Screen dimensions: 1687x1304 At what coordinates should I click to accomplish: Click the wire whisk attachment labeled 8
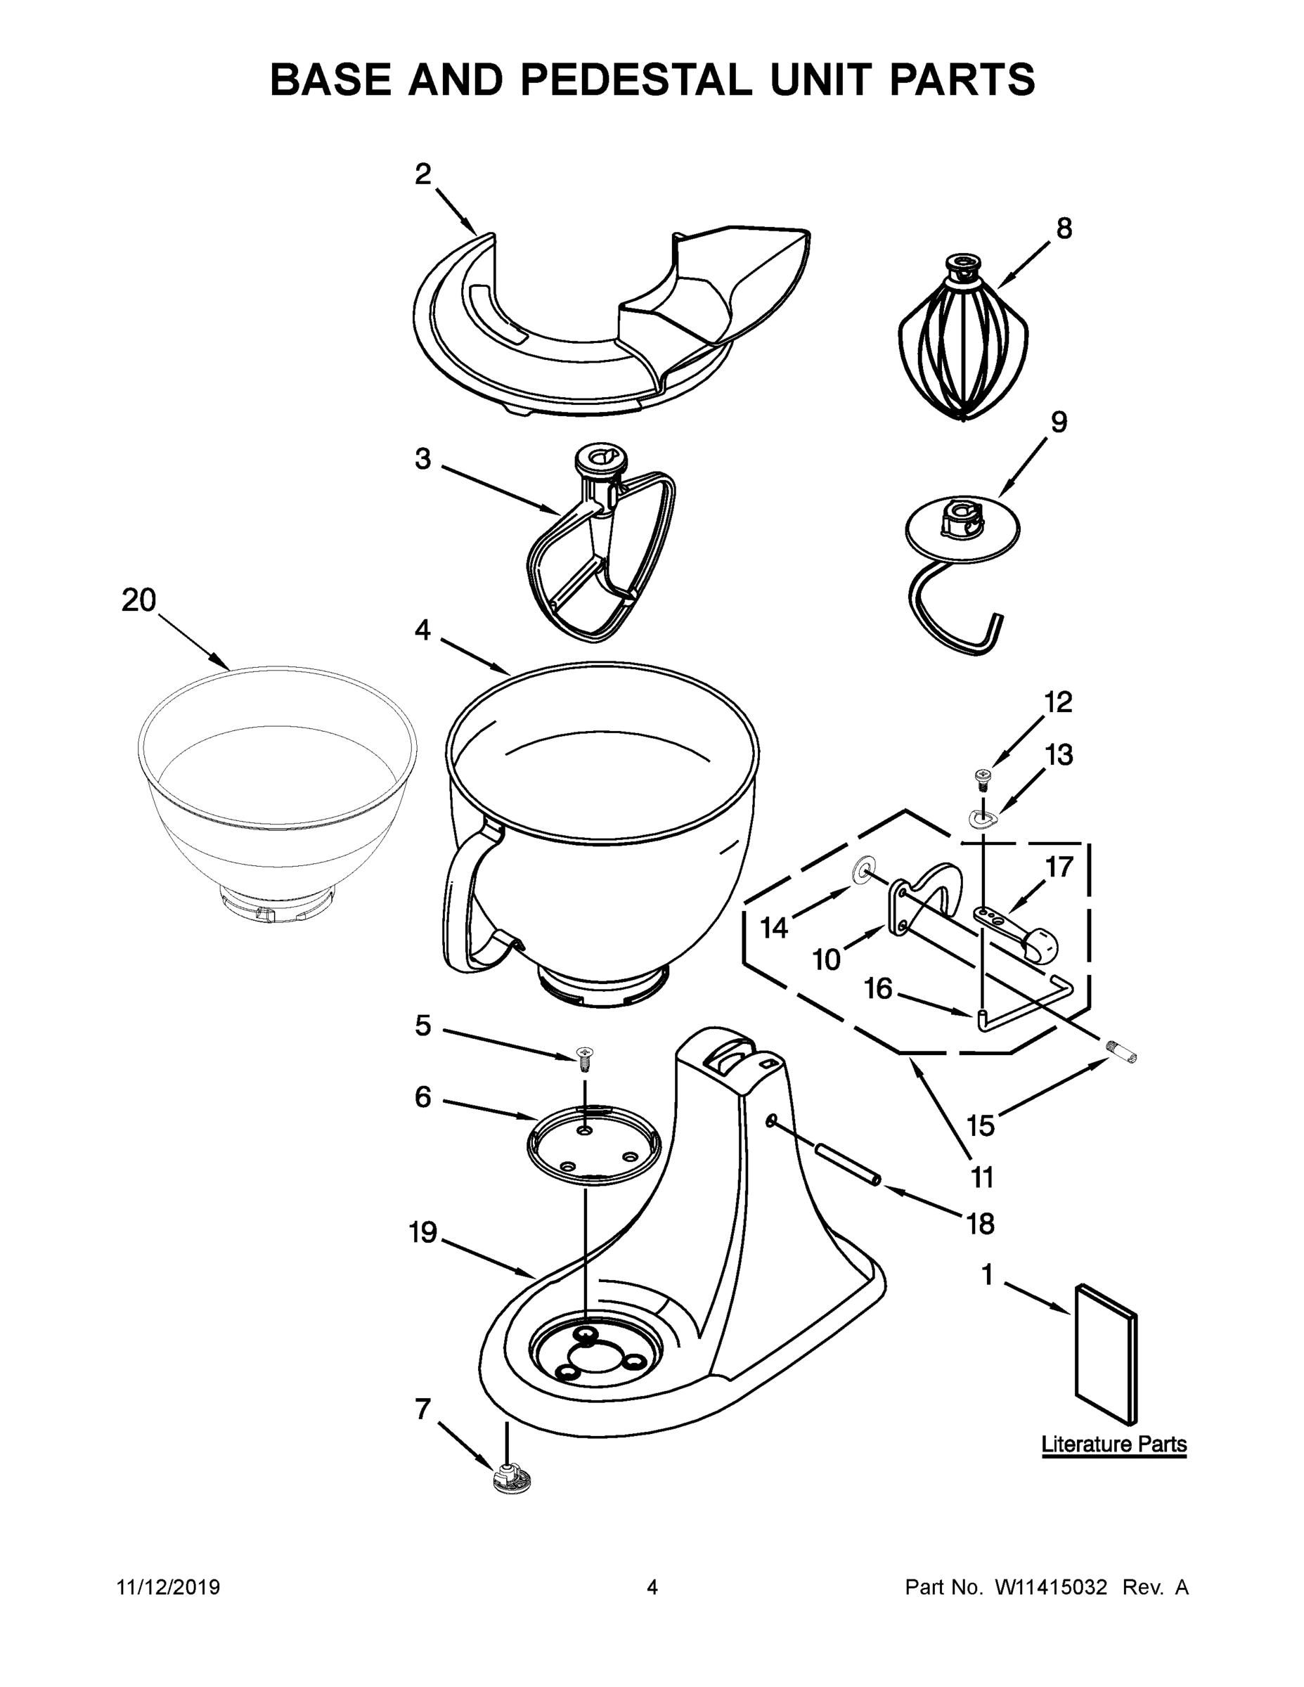click(962, 344)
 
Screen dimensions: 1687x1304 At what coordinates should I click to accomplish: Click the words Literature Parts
click(1113, 1444)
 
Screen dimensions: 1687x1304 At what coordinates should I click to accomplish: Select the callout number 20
click(139, 600)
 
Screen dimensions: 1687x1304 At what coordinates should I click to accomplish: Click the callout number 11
click(981, 1177)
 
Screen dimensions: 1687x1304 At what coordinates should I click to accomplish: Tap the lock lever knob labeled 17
click(1039, 943)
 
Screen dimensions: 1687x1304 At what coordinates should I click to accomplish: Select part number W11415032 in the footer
click(1051, 1587)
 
